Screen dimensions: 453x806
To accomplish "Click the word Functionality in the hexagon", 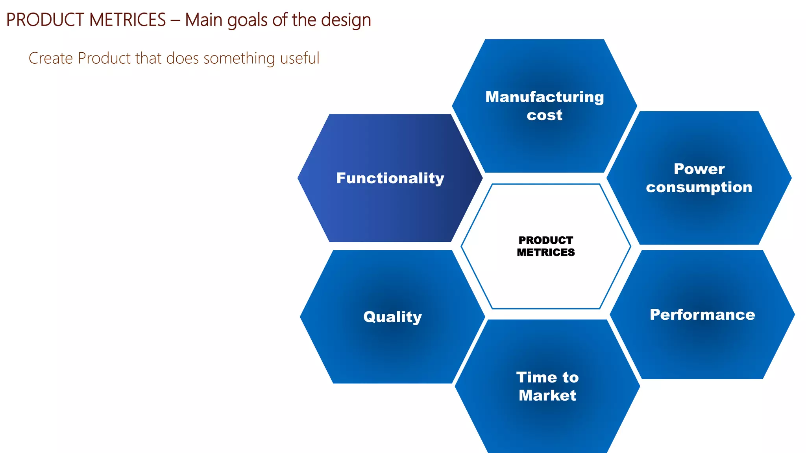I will pyautogui.click(x=390, y=178).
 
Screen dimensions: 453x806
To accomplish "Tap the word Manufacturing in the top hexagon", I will pyautogui.click(x=544, y=97).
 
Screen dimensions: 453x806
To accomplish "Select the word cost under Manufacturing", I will pyautogui.click(x=544, y=115).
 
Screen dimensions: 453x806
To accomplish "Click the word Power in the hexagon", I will pyautogui.click(x=699, y=169).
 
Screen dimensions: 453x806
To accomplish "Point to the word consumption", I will pyautogui.click(x=699, y=187).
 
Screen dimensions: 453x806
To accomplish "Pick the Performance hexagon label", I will pyautogui.click(x=702, y=315).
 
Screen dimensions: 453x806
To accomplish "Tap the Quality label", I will pyautogui.click(x=392, y=317).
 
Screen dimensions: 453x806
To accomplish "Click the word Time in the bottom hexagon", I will pyautogui.click(x=536, y=377).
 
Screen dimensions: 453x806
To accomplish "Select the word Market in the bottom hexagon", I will pyautogui.click(x=547, y=395).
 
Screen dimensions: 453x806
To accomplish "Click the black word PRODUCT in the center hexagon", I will pyautogui.click(x=545, y=240).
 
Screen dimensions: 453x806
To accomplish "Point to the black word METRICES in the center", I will pyautogui.click(x=545, y=252).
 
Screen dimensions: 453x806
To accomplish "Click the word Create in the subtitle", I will pyautogui.click(x=51, y=58).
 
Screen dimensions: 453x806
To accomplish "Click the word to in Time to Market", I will pyautogui.click(x=570, y=377).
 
